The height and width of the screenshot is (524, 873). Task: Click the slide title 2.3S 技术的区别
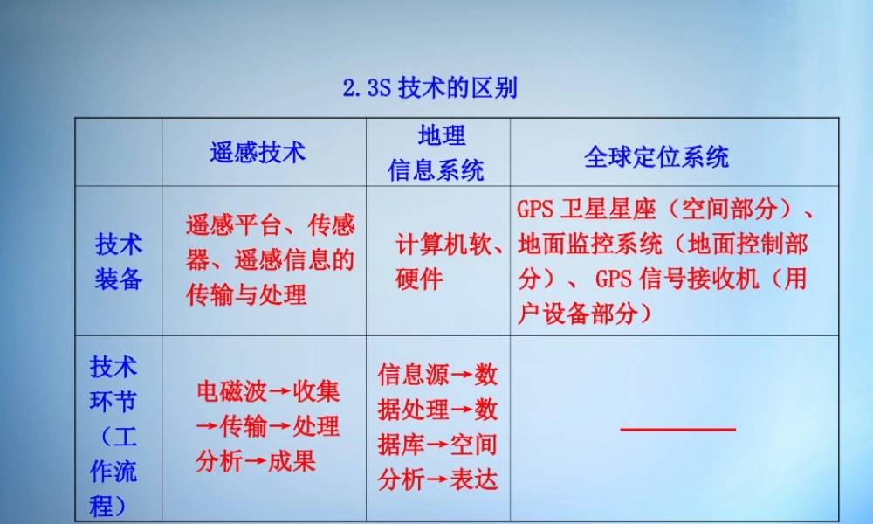430,89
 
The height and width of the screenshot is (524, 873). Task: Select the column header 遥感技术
258,153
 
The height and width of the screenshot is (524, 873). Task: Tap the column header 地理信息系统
436,153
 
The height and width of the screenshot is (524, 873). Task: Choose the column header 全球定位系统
656,157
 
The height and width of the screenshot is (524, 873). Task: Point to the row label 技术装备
119,261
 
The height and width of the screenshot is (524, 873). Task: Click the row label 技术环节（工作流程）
113,435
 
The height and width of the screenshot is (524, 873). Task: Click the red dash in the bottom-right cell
677,429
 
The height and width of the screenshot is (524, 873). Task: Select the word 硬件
419,279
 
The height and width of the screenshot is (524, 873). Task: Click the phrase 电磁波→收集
268,391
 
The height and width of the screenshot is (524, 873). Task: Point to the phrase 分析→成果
256,461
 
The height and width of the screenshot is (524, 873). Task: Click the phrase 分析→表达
438,479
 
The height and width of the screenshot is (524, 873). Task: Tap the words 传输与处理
246,295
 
